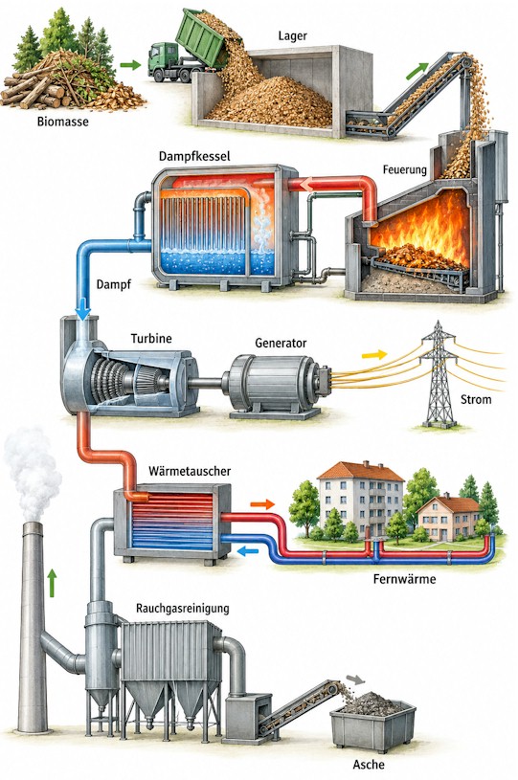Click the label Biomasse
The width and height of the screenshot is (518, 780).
[x=62, y=121]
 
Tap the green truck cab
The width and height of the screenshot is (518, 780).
[x=162, y=58]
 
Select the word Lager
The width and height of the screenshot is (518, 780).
[x=293, y=36]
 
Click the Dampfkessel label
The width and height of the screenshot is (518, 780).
[x=194, y=156]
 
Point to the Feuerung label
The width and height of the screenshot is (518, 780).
[x=405, y=169]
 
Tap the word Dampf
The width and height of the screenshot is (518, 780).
[x=113, y=285]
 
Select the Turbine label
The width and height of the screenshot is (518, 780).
[x=151, y=339]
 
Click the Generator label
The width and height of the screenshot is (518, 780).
[x=281, y=343]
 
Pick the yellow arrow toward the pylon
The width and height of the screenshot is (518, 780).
[x=374, y=354]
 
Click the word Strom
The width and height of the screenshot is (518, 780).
[x=476, y=399]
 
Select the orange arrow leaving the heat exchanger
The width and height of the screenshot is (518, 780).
[x=262, y=504]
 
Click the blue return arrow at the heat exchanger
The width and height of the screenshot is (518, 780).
[x=248, y=550]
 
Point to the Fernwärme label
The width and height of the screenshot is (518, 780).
[x=404, y=579]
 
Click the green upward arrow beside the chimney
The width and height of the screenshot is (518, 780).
[x=52, y=584]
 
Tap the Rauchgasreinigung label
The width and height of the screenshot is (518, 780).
[x=183, y=608]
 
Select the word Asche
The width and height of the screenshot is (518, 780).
[x=369, y=764]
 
